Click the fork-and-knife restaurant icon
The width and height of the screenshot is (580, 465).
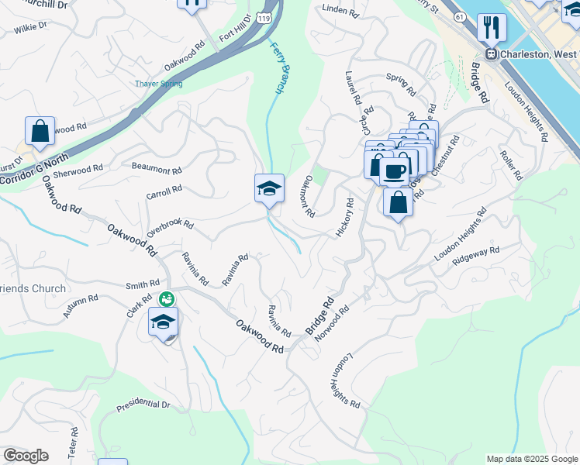[x=491, y=28]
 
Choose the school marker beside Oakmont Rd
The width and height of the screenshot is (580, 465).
[x=269, y=188]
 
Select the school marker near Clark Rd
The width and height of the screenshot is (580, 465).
[x=163, y=322]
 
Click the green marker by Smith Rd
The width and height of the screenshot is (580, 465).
[x=165, y=298]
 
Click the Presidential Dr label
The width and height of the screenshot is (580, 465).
[x=143, y=405]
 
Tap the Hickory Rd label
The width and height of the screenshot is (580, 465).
[x=344, y=218]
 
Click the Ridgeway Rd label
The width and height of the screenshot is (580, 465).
[x=476, y=255]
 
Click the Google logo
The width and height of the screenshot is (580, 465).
[x=26, y=456]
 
